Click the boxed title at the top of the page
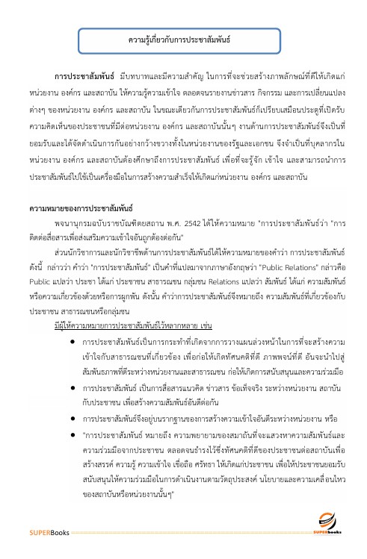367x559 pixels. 184,37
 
